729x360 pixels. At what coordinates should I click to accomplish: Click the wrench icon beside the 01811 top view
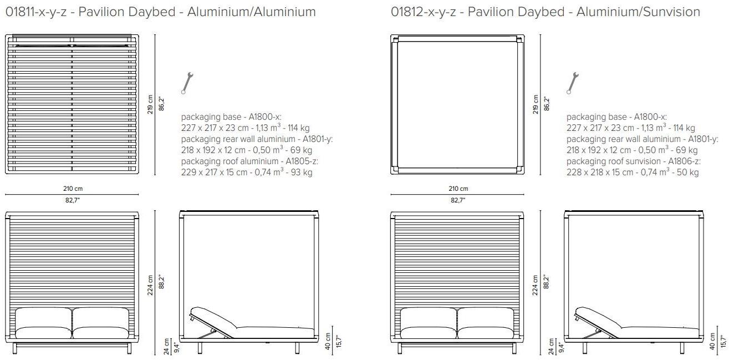click(x=187, y=83)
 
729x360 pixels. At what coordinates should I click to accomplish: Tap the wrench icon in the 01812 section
click(x=573, y=83)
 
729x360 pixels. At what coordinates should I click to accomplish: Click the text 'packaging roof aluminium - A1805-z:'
click(x=249, y=161)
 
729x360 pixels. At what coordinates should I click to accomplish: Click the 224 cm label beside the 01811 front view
click(x=150, y=285)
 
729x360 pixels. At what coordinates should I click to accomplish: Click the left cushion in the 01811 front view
click(x=43, y=324)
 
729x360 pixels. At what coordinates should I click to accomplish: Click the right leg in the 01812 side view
click(x=682, y=348)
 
